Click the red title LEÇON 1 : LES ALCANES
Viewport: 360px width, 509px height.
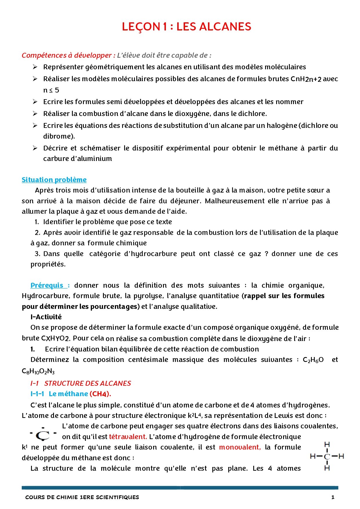tap(186, 27)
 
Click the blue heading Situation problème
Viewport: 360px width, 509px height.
tap(54, 180)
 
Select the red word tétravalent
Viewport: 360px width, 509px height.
tap(128, 437)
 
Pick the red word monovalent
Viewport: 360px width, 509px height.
tap(240, 447)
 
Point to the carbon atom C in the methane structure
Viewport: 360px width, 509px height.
tap(327, 457)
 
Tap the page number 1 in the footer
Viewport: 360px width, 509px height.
tap(333, 497)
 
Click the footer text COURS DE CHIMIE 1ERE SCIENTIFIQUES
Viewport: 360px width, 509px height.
tap(82, 497)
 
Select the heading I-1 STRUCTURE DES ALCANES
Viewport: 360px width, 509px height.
tap(81, 383)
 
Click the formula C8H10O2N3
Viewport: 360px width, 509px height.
tap(38, 372)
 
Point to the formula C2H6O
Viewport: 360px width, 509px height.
tap(313, 360)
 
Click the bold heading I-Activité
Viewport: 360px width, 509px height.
tap(46, 317)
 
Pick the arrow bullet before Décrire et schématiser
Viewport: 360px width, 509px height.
tap(35, 148)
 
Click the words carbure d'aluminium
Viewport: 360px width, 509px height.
tap(77, 159)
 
